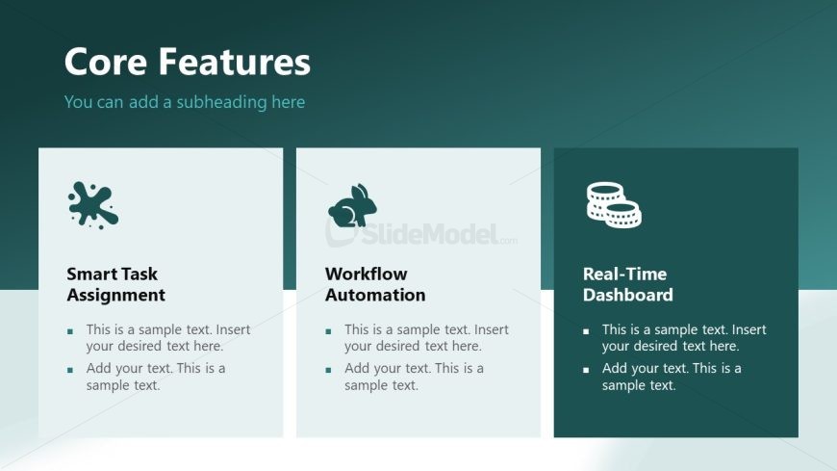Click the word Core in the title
(x=106, y=62)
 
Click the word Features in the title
(x=235, y=62)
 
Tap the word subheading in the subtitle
(x=221, y=101)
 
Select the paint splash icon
(x=93, y=206)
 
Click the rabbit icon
(x=352, y=206)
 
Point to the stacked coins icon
(x=614, y=205)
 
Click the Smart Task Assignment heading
(x=115, y=284)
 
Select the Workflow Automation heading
(x=375, y=284)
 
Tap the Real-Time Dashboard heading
(x=627, y=284)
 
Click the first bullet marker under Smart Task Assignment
(x=70, y=331)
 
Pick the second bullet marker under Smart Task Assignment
(x=70, y=370)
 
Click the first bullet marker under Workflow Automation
(x=328, y=331)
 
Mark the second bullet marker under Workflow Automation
(x=328, y=370)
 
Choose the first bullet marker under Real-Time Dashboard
(x=586, y=331)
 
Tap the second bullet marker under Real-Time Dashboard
(x=586, y=370)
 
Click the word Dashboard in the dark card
(x=627, y=295)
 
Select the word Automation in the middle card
(x=375, y=295)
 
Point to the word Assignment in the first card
(x=115, y=295)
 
